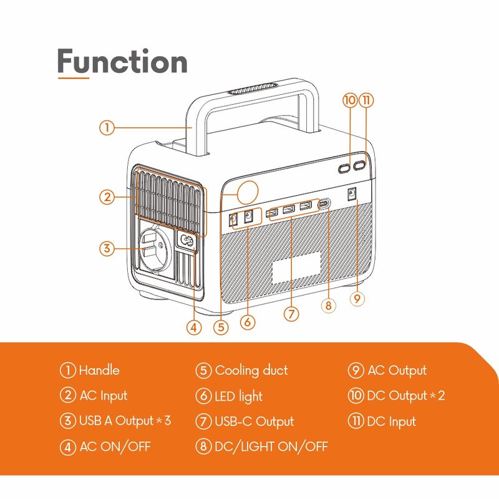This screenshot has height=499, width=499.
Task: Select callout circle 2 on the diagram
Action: coord(107,197)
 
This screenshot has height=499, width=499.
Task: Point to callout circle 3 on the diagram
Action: coord(107,248)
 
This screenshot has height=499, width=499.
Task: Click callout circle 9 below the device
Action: coord(357,299)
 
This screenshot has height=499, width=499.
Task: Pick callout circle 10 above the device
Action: coord(349,100)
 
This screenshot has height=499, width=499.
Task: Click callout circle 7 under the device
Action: coord(291,314)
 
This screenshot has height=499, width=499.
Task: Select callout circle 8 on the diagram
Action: coord(329,306)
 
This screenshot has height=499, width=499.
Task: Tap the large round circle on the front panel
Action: coord(248,191)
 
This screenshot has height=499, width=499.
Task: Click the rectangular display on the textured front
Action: coord(296,268)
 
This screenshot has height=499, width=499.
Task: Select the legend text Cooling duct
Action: coord(251,371)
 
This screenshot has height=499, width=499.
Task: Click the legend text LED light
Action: coord(238,396)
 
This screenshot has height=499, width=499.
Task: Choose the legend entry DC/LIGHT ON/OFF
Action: coord(271,447)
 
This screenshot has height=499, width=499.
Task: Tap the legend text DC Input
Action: coord(391,422)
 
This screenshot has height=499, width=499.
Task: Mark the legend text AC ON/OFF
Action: coord(115,447)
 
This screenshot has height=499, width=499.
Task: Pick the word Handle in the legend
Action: coord(99,371)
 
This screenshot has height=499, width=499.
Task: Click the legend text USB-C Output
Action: coord(254,422)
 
